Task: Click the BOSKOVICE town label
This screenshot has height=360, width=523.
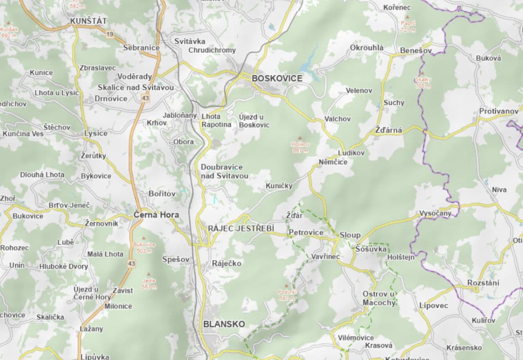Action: pyautogui.click(x=277, y=78)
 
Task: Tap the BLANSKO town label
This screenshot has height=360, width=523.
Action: pyautogui.click(x=224, y=324)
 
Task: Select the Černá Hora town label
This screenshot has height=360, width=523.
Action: pyautogui.click(x=156, y=215)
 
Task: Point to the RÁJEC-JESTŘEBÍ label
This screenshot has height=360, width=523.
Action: pyautogui.click(x=241, y=229)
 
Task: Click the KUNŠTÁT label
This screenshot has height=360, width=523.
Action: pyautogui.click(x=89, y=21)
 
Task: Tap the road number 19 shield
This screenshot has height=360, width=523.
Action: pyautogui.click(x=109, y=34)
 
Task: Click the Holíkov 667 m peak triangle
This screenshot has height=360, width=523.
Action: pyautogui.click(x=300, y=138)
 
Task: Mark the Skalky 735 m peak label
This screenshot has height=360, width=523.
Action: pyautogui.click(x=423, y=82)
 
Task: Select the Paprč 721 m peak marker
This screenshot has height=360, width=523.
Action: pyautogui.click(x=408, y=26)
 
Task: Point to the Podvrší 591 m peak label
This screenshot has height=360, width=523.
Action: pyautogui.click(x=287, y=295)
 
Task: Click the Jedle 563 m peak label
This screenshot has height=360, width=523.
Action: pyautogui.click(x=149, y=283)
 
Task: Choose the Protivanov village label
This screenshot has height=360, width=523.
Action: pyautogui.click(x=499, y=111)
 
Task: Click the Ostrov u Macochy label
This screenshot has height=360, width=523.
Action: pyautogui.click(x=379, y=298)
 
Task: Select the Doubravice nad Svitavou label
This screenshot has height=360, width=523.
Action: pyautogui.click(x=224, y=171)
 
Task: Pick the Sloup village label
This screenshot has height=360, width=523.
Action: pyautogui.click(x=350, y=235)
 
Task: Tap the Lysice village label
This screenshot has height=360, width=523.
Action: pyautogui.click(x=96, y=133)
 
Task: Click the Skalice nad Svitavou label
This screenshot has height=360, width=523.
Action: pyautogui.click(x=135, y=87)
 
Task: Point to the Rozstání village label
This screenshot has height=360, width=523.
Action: pyautogui.click(x=483, y=283)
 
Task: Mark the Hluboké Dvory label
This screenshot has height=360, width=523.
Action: pyautogui.click(x=63, y=266)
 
